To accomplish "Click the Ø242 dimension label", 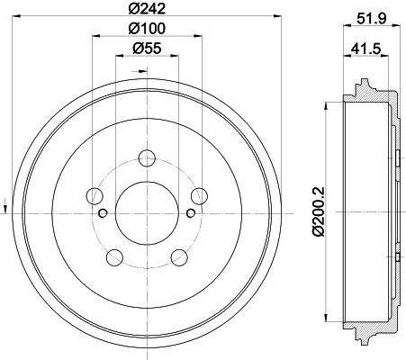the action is (147, 8).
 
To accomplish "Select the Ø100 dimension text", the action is (147, 29).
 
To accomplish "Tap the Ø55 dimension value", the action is (147, 49).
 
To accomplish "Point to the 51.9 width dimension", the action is (371, 19).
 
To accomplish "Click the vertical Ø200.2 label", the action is (319, 211).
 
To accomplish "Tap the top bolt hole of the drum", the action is (147, 157).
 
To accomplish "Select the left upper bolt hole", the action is (95, 196).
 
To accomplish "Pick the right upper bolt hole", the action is (200, 196).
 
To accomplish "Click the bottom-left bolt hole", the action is (115, 257).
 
